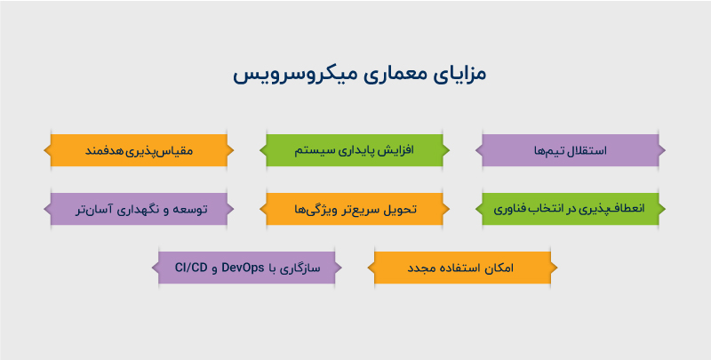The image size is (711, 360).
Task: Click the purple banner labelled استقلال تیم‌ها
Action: pyautogui.click(x=573, y=150)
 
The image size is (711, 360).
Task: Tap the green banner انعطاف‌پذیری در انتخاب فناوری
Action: pyautogui.click(x=573, y=210)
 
